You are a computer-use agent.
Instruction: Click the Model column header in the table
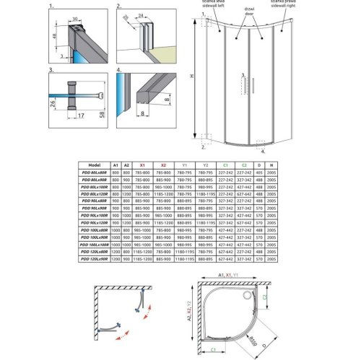point(92,164)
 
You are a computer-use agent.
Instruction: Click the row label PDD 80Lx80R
point(92,172)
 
